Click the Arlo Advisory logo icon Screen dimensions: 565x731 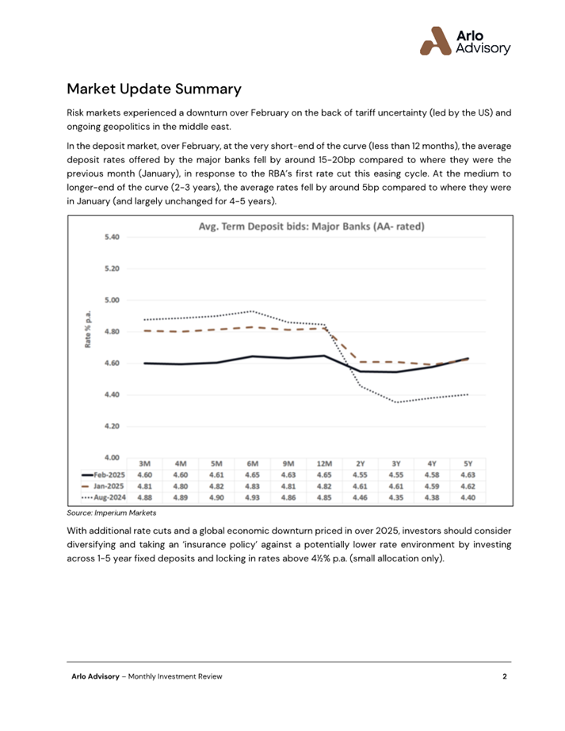tap(435, 41)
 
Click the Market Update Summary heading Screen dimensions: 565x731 tap(154, 89)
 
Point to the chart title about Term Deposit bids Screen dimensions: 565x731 tap(311, 227)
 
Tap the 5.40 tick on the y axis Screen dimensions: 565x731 tap(112, 237)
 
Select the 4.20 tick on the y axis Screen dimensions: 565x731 tap(112, 426)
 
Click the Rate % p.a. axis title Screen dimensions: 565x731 tap(88, 329)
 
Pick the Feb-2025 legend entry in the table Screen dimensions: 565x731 tap(104, 475)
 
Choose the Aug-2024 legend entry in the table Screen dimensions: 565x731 tap(104, 497)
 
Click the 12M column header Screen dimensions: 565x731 tap(324, 464)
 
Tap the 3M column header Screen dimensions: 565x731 tap(145, 464)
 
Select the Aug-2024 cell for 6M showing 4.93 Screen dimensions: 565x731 tap(253, 497)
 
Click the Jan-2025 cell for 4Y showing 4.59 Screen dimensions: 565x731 tap(432, 486)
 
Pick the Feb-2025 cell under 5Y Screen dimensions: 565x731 tap(468, 475)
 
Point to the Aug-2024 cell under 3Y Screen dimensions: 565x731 tap(396, 497)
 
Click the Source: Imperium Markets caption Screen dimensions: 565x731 tap(112, 513)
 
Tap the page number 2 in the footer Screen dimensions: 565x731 tap(504, 676)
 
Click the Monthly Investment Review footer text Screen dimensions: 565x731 tap(175, 676)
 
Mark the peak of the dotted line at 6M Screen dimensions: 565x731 tap(253, 311)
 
